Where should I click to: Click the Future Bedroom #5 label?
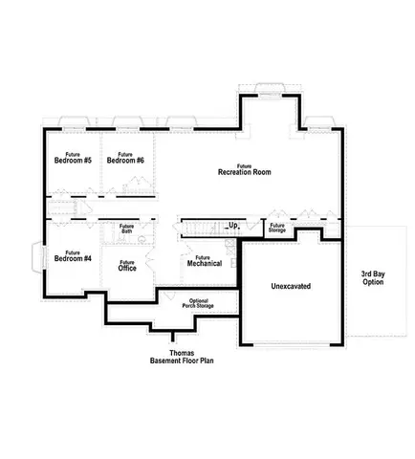[x=73, y=158]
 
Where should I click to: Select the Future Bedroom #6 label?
[x=125, y=158]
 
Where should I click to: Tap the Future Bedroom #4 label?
[x=73, y=255]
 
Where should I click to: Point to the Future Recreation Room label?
[x=245, y=169]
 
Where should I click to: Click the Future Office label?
[x=127, y=265]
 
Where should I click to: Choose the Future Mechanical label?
[x=203, y=260]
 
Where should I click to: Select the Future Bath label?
[x=126, y=229]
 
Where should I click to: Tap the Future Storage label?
[x=277, y=228]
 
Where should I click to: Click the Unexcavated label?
[x=291, y=286]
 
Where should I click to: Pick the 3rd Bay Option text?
[x=372, y=278]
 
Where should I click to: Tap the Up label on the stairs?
[x=231, y=226]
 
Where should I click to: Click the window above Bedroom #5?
[x=73, y=122]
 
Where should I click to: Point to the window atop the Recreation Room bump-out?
[x=271, y=91]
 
